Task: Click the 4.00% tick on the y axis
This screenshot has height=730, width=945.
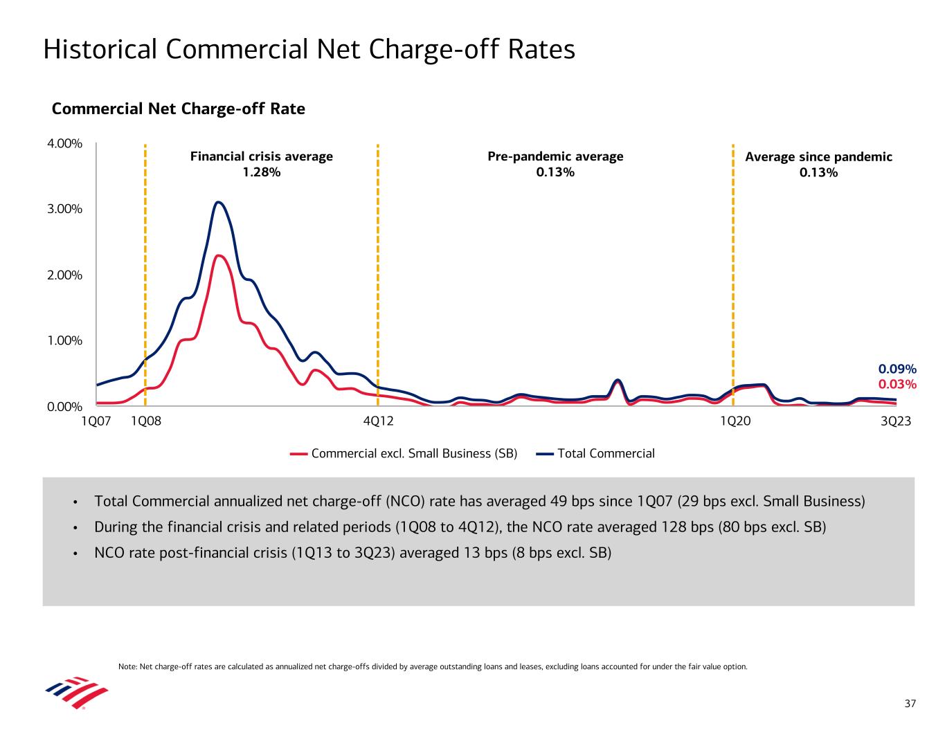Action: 64,144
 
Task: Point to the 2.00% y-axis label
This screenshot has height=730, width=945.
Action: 64,275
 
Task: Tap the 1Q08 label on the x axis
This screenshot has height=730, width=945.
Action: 145,421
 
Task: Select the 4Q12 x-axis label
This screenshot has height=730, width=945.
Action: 378,421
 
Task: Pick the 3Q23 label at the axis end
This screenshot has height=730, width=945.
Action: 896,421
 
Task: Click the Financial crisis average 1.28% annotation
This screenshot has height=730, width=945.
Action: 261,164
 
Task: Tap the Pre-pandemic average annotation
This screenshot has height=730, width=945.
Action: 555,164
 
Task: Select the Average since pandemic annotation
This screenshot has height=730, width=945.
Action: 818,164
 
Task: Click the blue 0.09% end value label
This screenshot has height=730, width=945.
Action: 897,369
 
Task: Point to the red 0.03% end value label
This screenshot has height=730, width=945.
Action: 897,384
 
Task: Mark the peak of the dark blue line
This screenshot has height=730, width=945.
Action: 219,202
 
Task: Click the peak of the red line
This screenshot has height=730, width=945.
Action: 219,256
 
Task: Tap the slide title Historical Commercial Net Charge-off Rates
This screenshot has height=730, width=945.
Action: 309,50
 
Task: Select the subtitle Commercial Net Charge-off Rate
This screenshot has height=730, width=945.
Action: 179,109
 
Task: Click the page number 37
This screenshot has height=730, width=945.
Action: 910,704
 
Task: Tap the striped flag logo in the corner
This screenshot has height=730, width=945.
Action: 77,693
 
